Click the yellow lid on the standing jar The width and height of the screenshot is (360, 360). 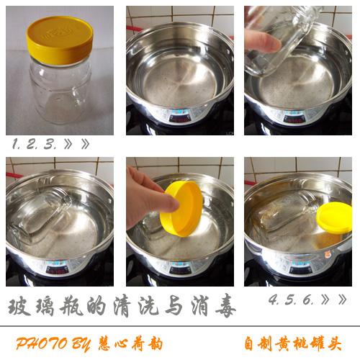(60, 40)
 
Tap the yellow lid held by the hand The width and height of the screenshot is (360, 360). (182, 208)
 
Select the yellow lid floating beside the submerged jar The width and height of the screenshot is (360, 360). (334, 217)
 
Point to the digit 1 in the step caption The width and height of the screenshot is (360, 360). (15, 144)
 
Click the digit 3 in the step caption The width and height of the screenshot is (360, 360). (49, 144)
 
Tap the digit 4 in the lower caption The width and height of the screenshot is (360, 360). (273, 300)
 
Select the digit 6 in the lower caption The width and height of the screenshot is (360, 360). (307, 300)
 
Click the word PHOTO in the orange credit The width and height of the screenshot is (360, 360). (42, 343)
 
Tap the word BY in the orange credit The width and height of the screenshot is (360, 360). (81, 344)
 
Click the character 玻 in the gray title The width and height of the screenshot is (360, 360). (19, 307)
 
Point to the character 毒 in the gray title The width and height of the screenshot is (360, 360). (225, 307)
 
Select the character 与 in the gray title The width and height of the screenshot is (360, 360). (174, 307)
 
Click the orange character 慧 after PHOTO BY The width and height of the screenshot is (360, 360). (106, 343)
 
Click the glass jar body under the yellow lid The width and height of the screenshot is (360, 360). (60, 91)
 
